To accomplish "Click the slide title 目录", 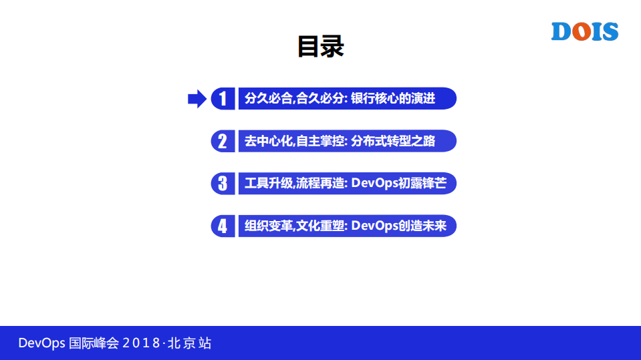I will tap(320, 47).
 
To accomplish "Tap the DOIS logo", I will tap(584, 31).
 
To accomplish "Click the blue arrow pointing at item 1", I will tap(197, 99).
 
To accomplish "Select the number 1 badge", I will tap(223, 99).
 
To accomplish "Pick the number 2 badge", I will tap(223, 141).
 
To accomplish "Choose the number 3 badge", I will tap(223, 184).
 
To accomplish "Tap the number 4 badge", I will tap(223, 226).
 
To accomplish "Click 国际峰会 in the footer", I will tap(94, 343).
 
